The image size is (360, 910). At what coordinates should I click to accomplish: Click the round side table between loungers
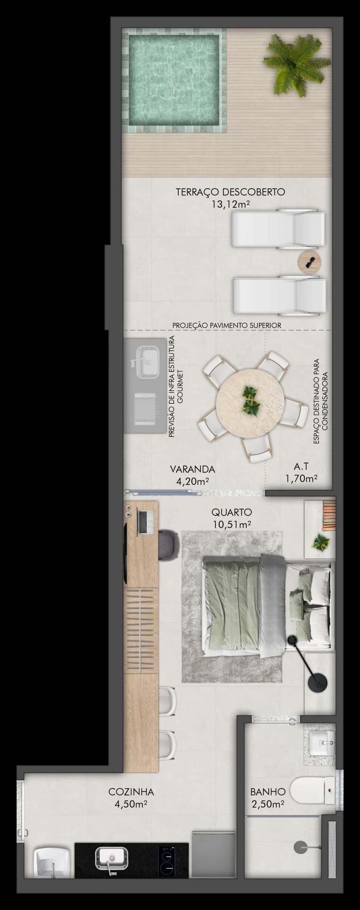tap(309, 262)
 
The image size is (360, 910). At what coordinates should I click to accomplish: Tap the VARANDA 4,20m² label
tap(192, 475)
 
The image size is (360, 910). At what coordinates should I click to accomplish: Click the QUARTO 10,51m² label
tap(232, 518)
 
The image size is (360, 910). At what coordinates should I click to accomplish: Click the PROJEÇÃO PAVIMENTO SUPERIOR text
tap(227, 325)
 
